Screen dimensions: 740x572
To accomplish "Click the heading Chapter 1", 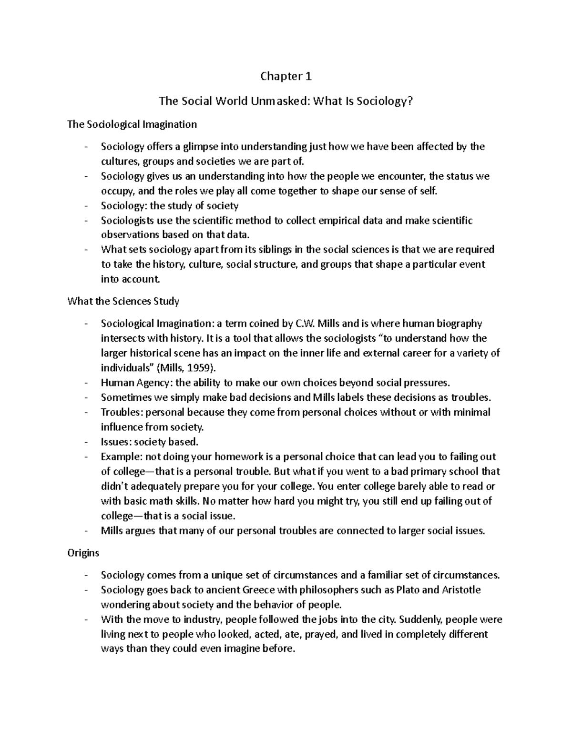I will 286,76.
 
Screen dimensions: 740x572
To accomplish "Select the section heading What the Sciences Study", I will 123,301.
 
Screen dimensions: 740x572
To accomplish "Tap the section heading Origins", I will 83,553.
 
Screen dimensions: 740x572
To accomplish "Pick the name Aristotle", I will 461,590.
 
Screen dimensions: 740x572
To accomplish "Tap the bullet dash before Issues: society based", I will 86,442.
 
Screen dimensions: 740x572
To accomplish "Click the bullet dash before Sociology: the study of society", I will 86,205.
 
